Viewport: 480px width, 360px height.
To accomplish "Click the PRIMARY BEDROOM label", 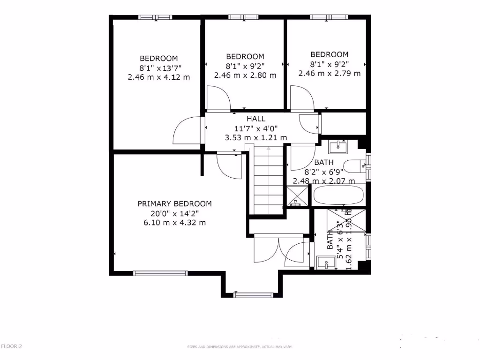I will point(174,204).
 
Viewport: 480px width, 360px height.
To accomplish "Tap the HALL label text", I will point(256,119).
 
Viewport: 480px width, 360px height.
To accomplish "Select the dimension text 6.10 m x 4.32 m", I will point(174,223).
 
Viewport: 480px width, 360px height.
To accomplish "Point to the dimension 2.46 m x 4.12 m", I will point(159,77).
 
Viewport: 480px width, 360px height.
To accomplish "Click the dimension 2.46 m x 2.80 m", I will point(245,75).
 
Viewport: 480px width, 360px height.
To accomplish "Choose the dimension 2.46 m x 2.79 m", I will point(330,73).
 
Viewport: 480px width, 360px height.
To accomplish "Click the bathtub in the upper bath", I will point(338,195).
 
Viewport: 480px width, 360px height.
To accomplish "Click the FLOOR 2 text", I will point(11,346).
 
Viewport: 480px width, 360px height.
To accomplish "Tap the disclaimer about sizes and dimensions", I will point(240,347).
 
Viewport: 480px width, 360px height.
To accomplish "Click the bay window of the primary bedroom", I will point(253,295).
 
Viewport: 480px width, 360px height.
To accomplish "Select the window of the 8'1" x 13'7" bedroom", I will point(155,17).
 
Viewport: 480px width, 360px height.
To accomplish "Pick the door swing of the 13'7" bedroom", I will point(187,131).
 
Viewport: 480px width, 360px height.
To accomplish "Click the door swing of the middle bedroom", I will point(218,99).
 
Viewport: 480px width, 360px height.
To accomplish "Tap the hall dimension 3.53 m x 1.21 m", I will point(256,138).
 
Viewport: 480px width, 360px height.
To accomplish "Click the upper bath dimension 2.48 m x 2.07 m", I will point(324,181).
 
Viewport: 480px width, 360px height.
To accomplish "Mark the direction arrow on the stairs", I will point(269,149).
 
